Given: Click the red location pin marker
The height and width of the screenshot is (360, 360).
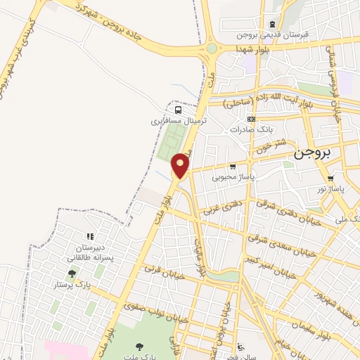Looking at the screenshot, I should [181, 165].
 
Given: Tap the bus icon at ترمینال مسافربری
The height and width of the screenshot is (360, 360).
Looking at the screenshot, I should [179, 110].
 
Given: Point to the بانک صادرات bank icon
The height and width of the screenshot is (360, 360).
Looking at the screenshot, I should [251, 119].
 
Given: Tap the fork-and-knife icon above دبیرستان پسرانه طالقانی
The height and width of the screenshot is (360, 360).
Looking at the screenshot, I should [89, 236].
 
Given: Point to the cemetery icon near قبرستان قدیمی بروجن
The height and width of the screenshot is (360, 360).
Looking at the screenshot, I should [272, 22].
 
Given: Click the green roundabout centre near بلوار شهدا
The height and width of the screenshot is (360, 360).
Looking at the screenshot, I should [212, 49].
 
